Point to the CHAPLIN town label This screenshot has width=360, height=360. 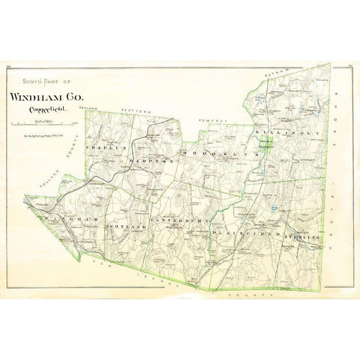click(103, 149)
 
